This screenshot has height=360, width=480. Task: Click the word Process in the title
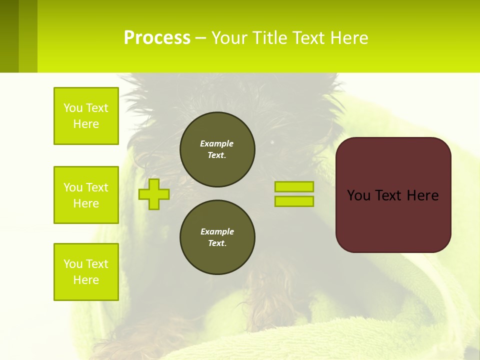[x=157, y=38]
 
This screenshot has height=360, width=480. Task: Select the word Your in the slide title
[x=230, y=38]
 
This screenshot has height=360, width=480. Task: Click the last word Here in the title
[x=348, y=38]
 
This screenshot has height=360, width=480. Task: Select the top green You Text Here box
[x=86, y=116]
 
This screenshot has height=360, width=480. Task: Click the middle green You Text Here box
[x=86, y=195]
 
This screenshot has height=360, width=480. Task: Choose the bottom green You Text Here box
[x=86, y=272]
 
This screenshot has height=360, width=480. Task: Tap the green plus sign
[x=153, y=194]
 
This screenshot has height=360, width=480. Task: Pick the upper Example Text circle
[x=217, y=149]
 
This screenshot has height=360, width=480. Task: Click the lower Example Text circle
[x=217, y=237]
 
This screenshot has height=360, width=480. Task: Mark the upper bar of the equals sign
[x=294, y=186]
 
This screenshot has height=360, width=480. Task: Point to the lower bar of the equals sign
[x=294, y=201]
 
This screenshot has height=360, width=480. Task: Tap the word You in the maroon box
[x=358, y=195]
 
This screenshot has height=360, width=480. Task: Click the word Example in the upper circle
[x=217, y=143]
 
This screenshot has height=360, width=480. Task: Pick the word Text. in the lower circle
[x=217, y=243]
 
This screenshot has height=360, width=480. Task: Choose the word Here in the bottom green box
[x=86, y=280]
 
